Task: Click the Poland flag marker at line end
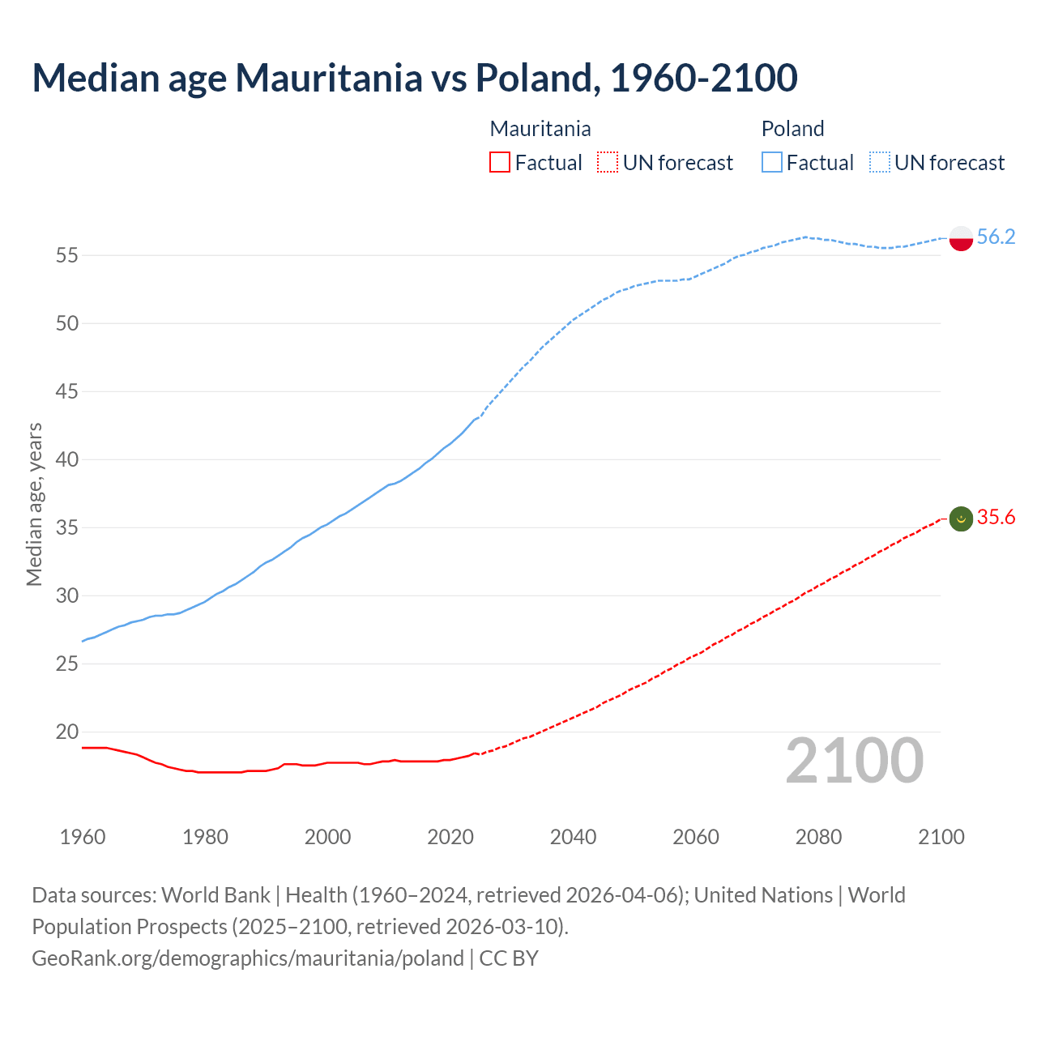coord(960,238)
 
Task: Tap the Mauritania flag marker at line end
coord(960,518)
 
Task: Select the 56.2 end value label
coord(996,237)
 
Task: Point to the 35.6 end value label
coord(996,517)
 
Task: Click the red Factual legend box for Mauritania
coord(500,163)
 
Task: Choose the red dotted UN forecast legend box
coord(608,163)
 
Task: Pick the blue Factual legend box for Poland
coord(772,163)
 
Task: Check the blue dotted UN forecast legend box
coord(880,163)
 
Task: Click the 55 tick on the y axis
coord(66,255)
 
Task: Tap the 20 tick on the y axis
coord(66,732)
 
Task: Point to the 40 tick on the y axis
coord(66,459)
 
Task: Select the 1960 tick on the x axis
coord(83,837)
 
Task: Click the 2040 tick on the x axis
coord(573,837)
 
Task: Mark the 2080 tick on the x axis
coord(818,837)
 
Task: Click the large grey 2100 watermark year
coord(854,760)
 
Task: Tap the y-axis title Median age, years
coord(34,504)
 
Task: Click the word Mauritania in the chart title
coord(329,78)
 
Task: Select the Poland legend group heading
coord(792,129)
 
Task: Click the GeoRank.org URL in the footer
coord(247,958)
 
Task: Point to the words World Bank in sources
coord(216,894)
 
